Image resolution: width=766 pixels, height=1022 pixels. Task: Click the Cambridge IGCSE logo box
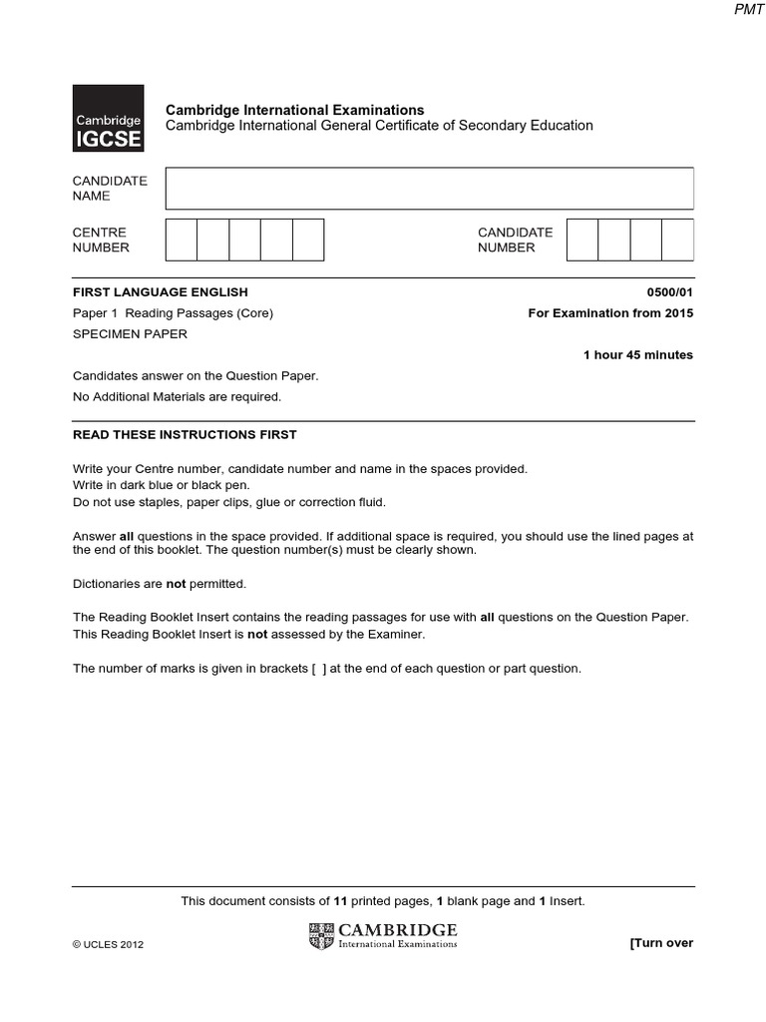(x=109, y=118)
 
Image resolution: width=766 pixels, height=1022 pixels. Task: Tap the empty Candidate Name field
(x=429, y=189)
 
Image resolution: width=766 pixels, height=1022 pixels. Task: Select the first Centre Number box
(x=181, y=241)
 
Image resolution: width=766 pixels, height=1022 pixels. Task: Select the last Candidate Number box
(x=677, y=241)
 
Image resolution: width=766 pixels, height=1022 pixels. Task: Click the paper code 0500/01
(x=669, y=292)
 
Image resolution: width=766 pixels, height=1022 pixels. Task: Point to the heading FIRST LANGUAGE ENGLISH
(x=161, y=292)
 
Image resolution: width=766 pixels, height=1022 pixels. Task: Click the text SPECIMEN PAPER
(x=130, y=334)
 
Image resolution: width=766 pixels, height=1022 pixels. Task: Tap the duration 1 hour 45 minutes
(x=638, y=355)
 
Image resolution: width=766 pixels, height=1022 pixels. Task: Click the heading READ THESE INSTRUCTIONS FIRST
(x=185, y=435)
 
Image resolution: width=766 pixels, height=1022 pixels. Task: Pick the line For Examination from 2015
(x=610, y=313)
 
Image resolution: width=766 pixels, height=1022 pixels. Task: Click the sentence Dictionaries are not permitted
(x=160, y=584)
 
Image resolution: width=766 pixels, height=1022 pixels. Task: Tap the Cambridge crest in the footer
(x=322, y=936)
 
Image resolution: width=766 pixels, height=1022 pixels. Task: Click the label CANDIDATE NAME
(x=110, y=189)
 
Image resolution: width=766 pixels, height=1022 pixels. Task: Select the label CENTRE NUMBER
(x=100, y=241)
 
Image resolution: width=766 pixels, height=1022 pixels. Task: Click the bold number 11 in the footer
(x=340, y=901)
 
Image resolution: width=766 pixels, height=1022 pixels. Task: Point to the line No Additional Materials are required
(x=178, y=396)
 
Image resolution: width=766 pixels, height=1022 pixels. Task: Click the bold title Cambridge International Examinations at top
(x=294, y=110)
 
